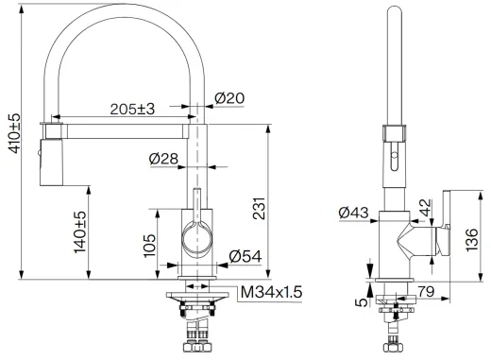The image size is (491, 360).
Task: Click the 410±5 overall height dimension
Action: [x=10, y=146]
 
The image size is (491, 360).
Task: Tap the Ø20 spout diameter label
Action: [x=229, y=97]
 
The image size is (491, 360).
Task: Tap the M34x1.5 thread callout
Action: [x=269, y=293]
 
